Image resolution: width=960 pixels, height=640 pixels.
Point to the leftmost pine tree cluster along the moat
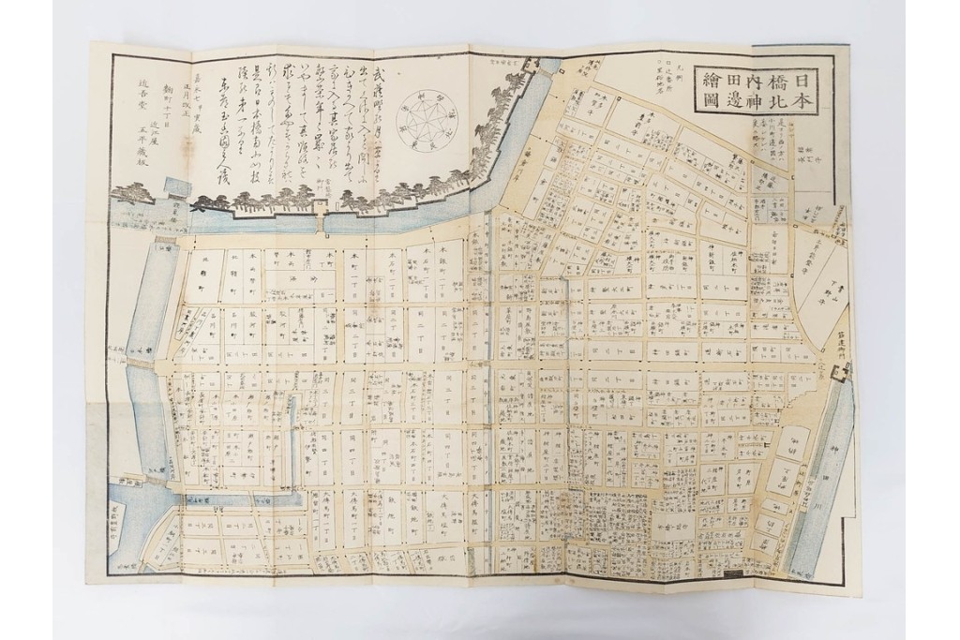131,194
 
